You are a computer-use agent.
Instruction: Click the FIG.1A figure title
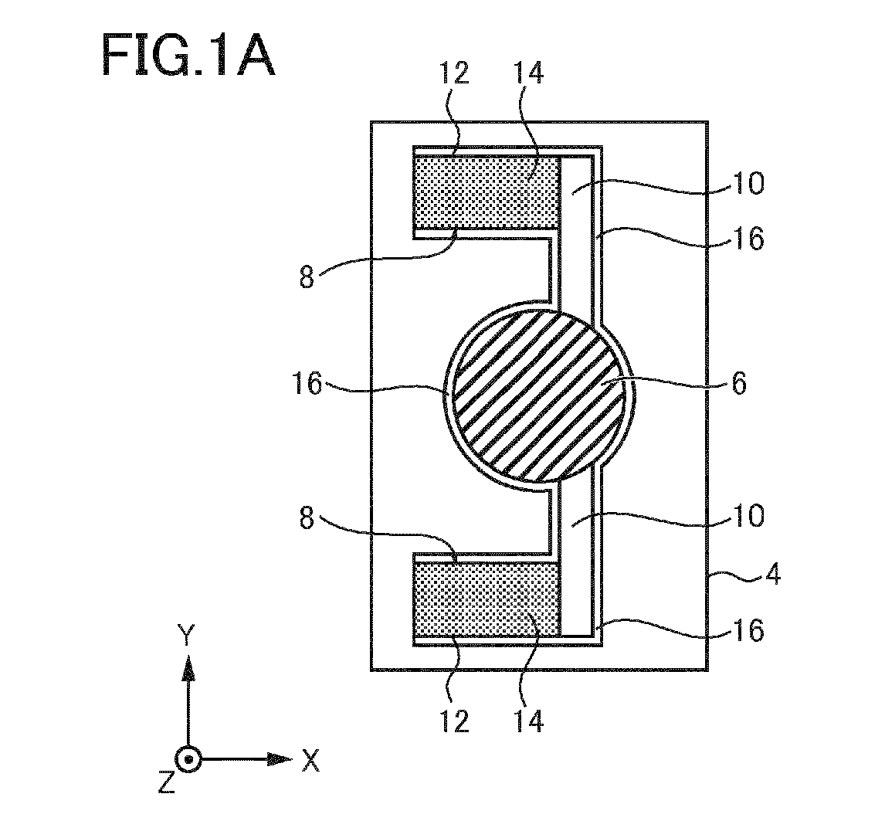(188, 55)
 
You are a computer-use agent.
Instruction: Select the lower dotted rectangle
(487, 599)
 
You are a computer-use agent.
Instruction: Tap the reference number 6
(739, 383)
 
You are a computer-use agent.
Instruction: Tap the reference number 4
(773, 575)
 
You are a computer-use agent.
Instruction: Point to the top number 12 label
(454, 73)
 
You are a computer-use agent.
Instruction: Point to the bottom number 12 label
(454, 721)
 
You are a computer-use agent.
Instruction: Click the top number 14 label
(529, 73)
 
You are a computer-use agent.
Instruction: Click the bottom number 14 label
(529, 721)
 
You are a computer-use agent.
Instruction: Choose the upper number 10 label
(748, 184)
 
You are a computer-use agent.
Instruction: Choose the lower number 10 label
(748, 515)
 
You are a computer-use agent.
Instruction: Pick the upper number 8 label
(307, 278)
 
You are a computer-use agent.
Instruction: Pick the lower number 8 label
(307, 517)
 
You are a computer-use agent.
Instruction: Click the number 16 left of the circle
(307, 385)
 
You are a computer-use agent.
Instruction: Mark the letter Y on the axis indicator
(185, 635)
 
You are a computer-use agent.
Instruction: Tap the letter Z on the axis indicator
(166, 782)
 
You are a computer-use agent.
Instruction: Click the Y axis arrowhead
(188, 668)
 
